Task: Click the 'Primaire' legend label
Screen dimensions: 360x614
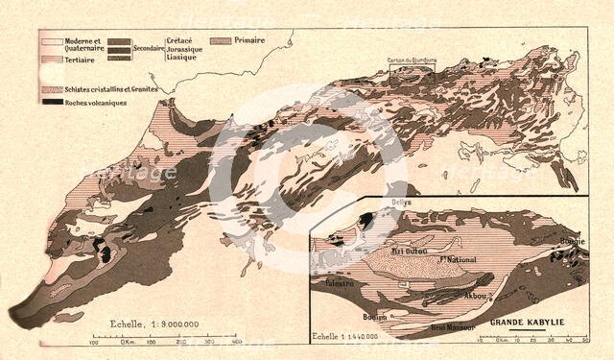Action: [248, 40]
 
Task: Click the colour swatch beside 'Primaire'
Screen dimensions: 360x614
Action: [221, 41]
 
